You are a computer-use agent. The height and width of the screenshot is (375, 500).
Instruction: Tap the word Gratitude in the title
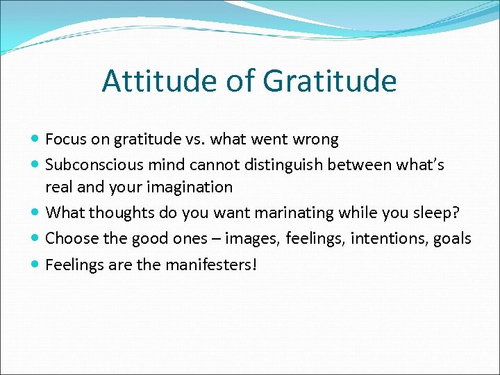(330, 81)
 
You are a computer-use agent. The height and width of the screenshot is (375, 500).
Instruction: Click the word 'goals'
(453, 239)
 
